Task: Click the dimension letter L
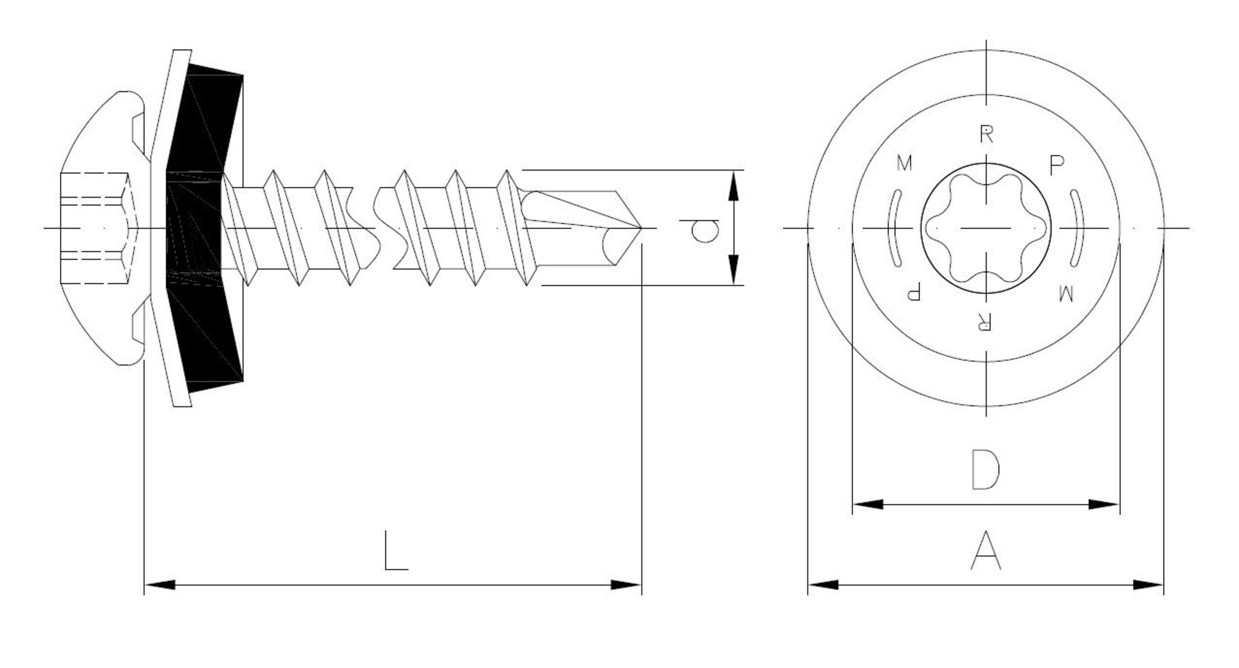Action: (396, 550)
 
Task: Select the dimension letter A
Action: (986, 550)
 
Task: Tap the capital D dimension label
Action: (986, 469)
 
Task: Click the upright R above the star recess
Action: (986, 134)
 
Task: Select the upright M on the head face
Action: (904, 163)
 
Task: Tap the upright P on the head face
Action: (1057, 165)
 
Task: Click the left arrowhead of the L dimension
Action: (159, 584)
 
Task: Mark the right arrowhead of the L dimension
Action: (626, 584)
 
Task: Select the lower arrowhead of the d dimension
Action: (733, 270)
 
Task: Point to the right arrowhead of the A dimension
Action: (1149, 584)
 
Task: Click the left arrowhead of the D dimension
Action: (868, 505)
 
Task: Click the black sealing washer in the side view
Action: (205, 228)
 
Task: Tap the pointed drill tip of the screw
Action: (641, 228)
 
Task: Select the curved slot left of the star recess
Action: (894, 228)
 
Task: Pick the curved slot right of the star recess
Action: (1078, 228)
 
